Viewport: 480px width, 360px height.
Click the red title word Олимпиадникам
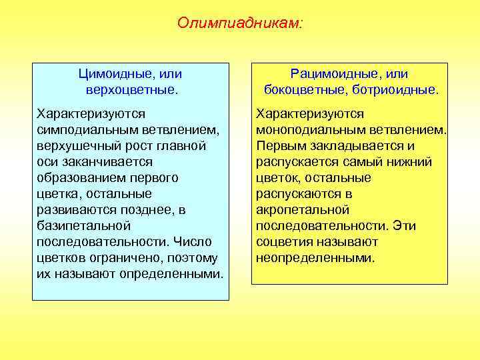coord(239,23)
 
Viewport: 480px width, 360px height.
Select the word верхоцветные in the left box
coord(130,89)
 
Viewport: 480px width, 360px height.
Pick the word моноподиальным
coord(307,130)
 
